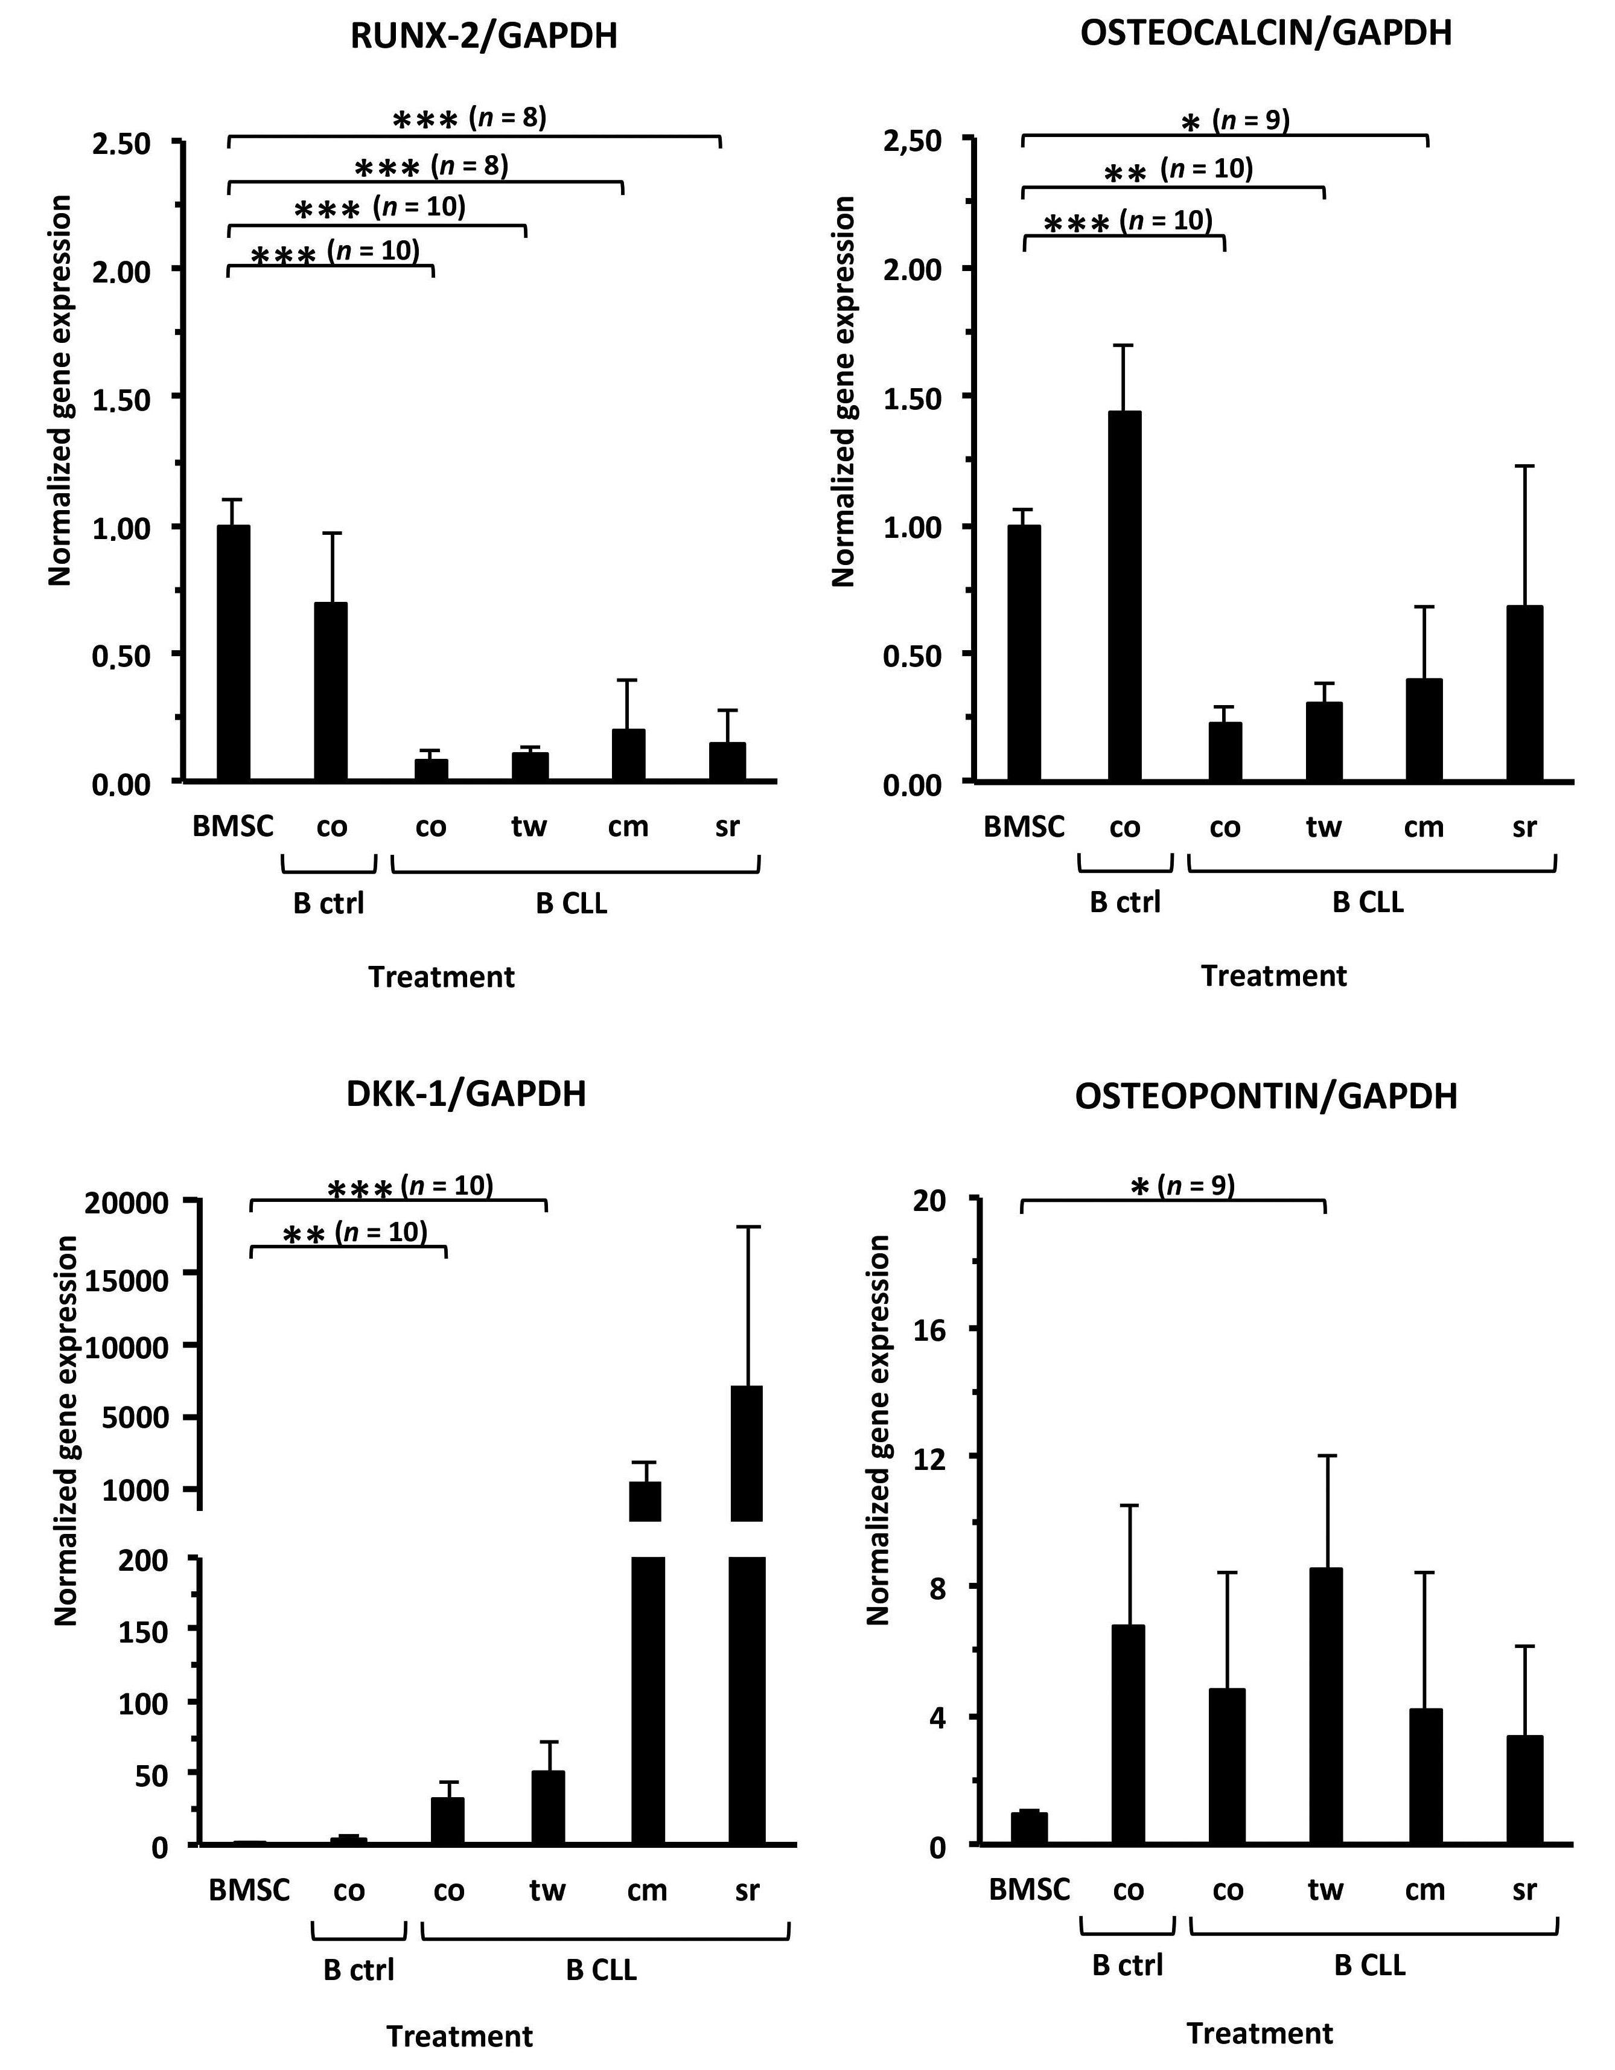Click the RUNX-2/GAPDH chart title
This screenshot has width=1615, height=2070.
click(483, 36)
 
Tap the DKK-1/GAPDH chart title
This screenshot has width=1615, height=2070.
click(467, 1094)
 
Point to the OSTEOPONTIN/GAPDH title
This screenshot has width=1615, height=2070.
click(1266, 1097)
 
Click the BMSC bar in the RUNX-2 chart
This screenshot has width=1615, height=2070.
click(233, 653)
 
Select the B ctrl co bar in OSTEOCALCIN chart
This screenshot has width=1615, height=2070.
click(1124, 596)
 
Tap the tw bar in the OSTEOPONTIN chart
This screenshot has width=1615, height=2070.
click(1325, 1706)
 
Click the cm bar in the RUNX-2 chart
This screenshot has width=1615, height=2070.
click(628, 755)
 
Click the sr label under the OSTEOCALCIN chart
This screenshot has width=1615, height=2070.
click(1523, 828)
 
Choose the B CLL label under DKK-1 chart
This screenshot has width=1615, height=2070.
click(601, 1970)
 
